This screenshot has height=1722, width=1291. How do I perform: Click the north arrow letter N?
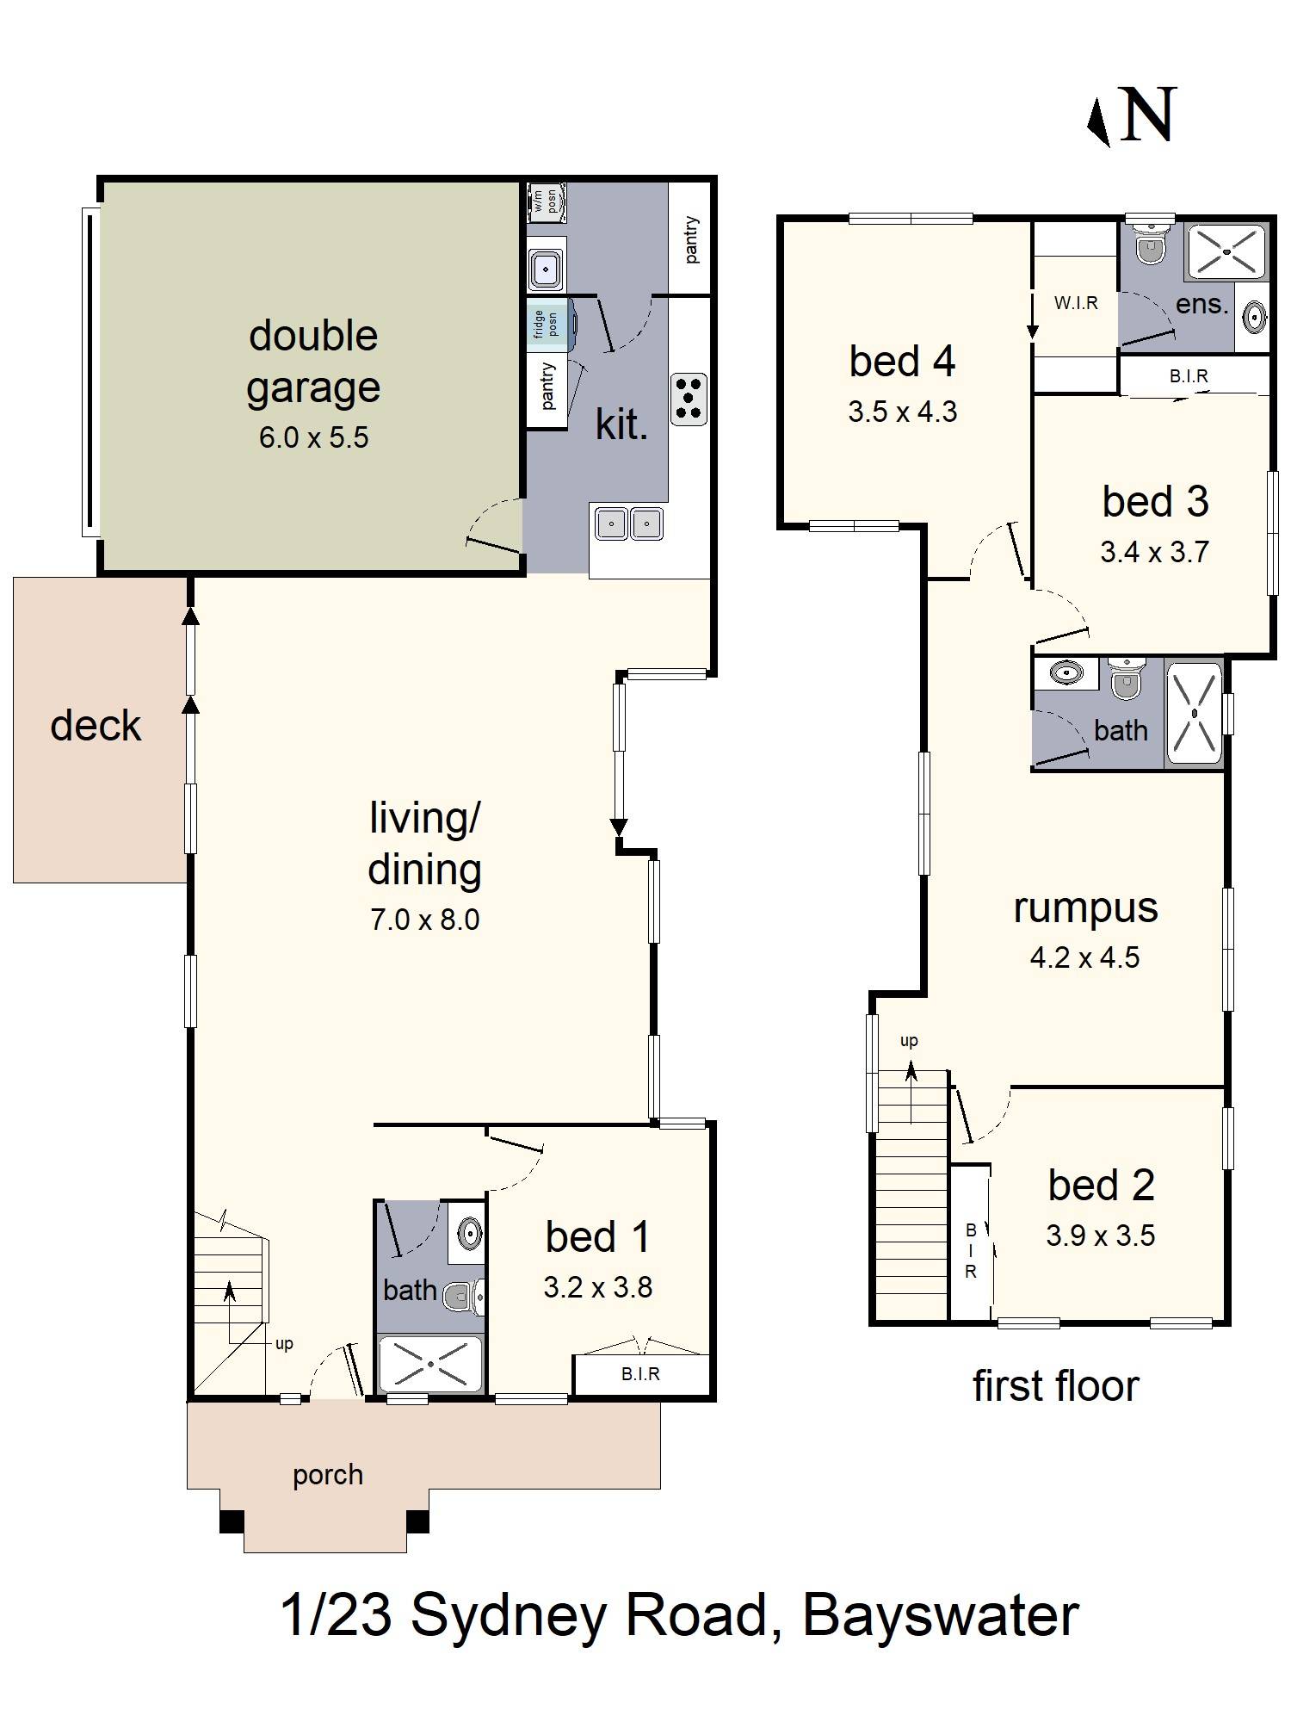1149,115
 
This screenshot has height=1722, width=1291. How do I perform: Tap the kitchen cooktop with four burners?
689,399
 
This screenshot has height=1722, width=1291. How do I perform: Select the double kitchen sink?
628,523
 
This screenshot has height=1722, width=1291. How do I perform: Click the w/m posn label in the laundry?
546,202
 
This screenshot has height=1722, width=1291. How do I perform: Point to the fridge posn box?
547,324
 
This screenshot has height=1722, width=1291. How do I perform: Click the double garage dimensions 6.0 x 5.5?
313,437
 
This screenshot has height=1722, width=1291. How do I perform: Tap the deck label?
96,726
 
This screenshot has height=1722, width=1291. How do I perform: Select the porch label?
327,1475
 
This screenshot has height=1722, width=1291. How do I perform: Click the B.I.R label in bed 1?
640,1374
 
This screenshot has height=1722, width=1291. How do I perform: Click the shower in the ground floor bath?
430,1364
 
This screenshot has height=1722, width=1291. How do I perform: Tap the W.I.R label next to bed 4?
1076,303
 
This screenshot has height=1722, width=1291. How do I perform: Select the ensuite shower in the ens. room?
1226,251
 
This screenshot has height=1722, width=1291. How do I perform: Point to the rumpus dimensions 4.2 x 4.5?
1084,957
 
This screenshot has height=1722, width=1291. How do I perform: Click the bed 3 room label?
1155,502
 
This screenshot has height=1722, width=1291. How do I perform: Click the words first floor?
1055,1387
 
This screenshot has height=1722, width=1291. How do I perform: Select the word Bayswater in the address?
940,1616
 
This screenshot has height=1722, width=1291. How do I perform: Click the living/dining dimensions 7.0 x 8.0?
424,920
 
